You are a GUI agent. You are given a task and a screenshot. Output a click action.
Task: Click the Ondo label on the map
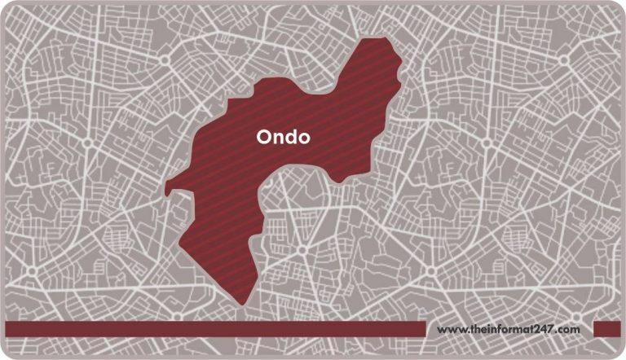coord(283,138)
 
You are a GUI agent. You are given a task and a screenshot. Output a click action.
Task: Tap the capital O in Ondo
coord(263,138)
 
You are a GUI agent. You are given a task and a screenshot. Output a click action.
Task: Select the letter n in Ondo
coord(277,138)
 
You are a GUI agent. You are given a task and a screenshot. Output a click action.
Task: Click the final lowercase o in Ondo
coord(303,138)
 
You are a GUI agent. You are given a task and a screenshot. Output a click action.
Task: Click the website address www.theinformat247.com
coord(509,329)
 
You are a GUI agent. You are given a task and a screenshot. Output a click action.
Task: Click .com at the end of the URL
coord(569,330)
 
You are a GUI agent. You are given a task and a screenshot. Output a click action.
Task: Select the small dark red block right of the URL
coord(607,328)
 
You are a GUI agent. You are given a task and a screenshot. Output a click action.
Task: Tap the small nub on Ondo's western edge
coord(168,191)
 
